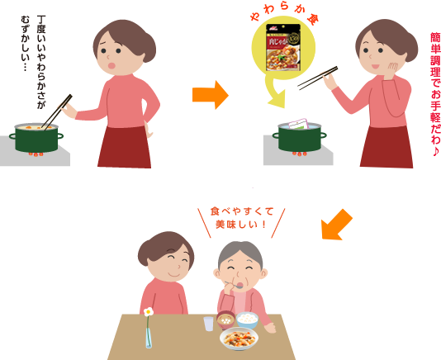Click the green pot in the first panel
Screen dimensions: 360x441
point(38,138)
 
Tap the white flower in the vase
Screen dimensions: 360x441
point(149,313)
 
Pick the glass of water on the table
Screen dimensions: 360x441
point(209,323)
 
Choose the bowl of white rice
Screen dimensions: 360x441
point(247,319)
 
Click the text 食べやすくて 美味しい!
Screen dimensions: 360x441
point(242,217)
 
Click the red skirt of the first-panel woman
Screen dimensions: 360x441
point(123,145)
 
